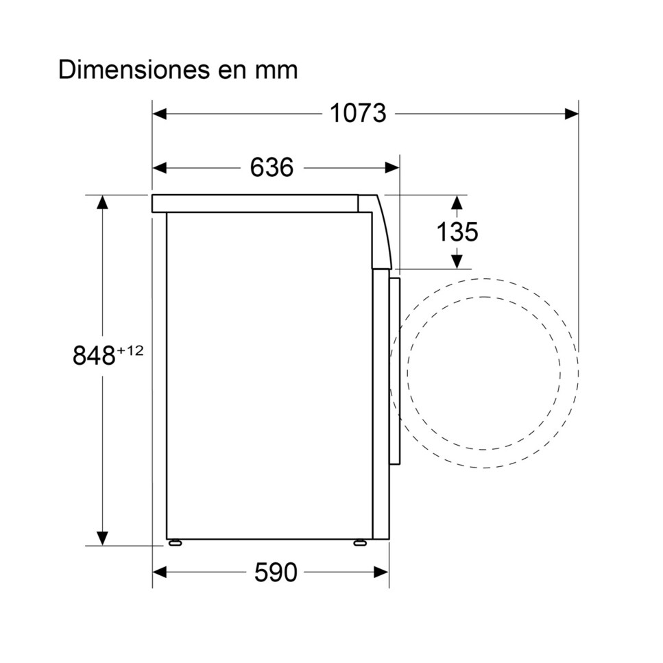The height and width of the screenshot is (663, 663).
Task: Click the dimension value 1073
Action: (x=358, y=113)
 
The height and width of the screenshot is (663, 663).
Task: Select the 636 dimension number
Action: (x=272, y=167)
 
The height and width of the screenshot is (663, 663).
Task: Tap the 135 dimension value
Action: (x=457, y=232)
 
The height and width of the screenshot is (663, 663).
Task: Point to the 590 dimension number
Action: (x=276, y=572)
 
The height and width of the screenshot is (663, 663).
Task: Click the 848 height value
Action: (x=94, y=355)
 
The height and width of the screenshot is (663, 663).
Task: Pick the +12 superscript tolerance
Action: (x=130, y=350)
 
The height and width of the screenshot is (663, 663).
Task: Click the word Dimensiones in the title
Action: (x=134, y=70)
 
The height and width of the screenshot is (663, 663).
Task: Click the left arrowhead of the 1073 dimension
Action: (x=159, y=114)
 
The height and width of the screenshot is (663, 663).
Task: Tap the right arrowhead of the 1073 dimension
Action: (x=571, y=114)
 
